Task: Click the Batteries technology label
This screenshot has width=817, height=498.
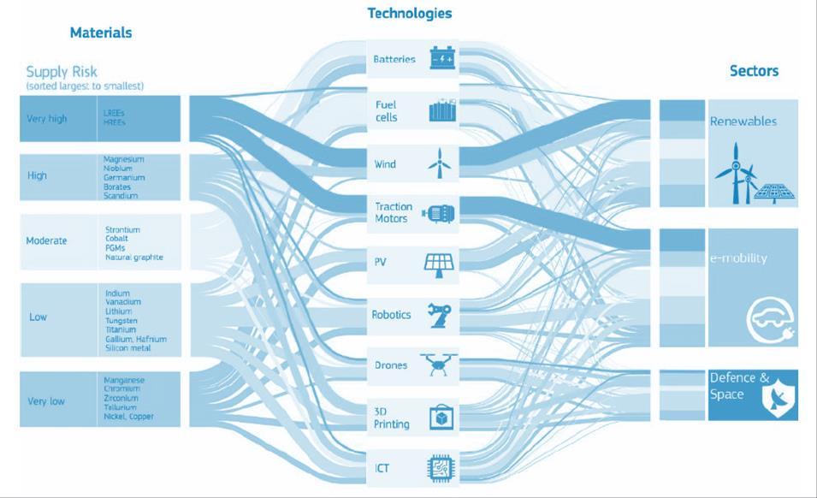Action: point(394,60)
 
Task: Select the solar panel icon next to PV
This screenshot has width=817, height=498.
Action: point(441,264)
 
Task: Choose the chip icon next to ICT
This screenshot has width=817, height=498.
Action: point(441,469)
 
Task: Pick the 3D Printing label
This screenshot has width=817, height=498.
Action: point(391,418)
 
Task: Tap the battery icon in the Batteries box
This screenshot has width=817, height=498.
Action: point(442,59)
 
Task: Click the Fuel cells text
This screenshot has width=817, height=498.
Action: point(387,111)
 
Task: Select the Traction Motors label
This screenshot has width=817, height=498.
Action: point(394,212)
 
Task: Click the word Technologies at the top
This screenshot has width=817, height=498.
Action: point(410,14)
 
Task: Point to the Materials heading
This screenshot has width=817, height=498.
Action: point(101,33)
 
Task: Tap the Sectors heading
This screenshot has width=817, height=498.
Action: point(754,71)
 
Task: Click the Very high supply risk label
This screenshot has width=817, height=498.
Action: point(46,119)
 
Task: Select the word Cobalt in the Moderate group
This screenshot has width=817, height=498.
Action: point(118,239)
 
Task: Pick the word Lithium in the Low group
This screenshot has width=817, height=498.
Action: point(118,311)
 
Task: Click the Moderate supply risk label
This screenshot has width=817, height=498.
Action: point(46,241)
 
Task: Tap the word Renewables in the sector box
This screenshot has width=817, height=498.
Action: point(743,122)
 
